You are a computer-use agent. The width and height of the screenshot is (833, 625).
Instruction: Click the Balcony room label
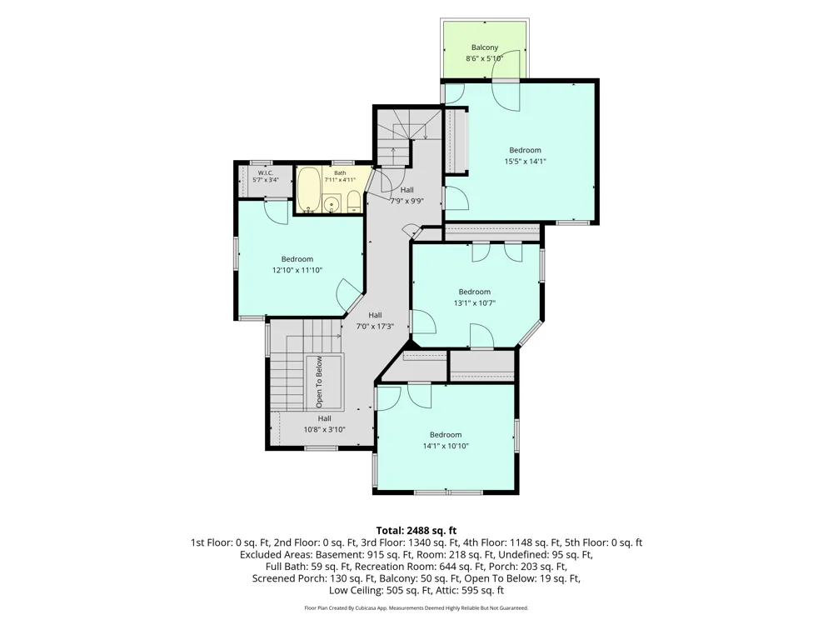pos(485,47)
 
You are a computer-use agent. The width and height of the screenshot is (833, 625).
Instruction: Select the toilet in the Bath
pos(354,202)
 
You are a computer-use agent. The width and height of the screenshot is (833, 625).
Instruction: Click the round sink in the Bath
pos(332,203)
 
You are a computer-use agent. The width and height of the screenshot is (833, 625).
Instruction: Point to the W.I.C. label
pos(266,173)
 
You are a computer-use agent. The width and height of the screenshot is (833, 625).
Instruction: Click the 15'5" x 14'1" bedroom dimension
pos(525,162)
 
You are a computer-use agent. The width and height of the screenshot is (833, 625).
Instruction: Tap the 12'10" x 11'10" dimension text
pos(297,271)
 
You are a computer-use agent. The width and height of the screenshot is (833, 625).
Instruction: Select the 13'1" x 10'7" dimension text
pos(475,303)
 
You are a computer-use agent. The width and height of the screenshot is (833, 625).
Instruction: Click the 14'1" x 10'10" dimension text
pos(446,447)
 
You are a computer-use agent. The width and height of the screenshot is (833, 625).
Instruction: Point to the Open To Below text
pos(319,382)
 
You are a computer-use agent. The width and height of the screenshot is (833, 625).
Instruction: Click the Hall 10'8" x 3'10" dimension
pos(325,430)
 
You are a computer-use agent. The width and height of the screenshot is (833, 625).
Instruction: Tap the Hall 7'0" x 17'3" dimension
pos(375,327)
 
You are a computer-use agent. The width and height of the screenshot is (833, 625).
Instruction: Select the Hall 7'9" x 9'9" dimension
pos(407,202)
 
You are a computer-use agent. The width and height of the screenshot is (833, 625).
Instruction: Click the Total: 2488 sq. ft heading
pos(416,530)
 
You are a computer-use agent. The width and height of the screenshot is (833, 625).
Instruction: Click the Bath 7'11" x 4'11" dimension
pos(340,180)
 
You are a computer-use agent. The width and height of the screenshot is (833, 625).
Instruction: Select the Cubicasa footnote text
pos(416,608)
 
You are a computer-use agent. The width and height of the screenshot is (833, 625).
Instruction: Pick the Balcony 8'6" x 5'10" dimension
pos(485,58)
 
